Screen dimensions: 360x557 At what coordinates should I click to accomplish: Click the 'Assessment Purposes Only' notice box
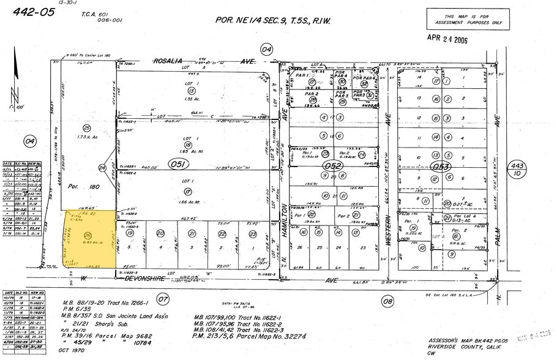(467, 19)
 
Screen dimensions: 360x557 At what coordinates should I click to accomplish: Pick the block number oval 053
(441, 166)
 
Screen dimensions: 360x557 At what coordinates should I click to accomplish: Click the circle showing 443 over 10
(516, 170)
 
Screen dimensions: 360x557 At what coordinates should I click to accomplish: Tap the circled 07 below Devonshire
(162, 299)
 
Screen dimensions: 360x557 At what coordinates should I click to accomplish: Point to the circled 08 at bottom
(387, 301)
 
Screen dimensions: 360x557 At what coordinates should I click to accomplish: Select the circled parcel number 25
(87, 127)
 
